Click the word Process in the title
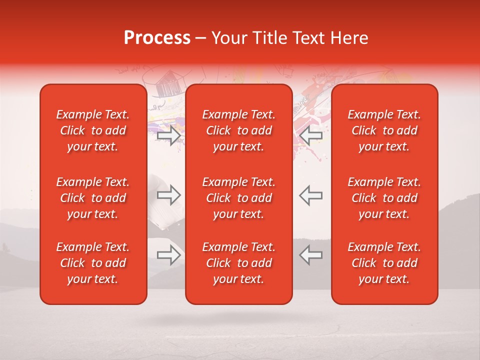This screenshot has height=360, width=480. point(157,38)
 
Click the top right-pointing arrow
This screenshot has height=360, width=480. point(168,135)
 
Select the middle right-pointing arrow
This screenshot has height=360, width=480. point(168,195)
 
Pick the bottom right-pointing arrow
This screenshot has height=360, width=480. point(168,255)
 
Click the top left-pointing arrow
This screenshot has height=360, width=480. point(310,135)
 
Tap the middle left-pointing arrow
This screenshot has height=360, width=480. point(310,195)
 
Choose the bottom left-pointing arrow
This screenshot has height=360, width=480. point(310,255)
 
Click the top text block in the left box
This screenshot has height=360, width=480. point(93,130)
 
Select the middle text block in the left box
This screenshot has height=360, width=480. point(93,198)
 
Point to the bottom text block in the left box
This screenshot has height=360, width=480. point(93,263)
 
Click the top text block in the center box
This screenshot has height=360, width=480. point(239,130)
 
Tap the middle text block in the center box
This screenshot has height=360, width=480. point(239,198)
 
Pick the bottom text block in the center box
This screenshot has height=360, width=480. point(239,263)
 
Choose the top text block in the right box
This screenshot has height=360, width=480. point(384,130)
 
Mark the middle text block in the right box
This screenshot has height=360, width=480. point(384,198)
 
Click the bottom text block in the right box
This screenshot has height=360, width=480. point(384,263)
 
